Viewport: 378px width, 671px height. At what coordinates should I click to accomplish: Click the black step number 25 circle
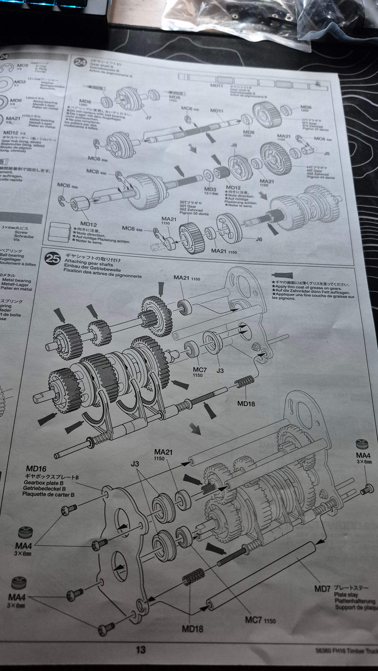click(53, 259)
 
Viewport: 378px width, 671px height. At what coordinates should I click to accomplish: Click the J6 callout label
click(259, 239)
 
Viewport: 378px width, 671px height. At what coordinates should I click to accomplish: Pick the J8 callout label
click(234, 145)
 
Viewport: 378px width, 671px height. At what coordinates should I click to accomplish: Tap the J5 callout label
click(326, 154)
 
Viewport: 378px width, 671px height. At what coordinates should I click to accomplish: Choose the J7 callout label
click(148, 118)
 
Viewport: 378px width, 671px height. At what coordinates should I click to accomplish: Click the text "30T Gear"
click(188, 206)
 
